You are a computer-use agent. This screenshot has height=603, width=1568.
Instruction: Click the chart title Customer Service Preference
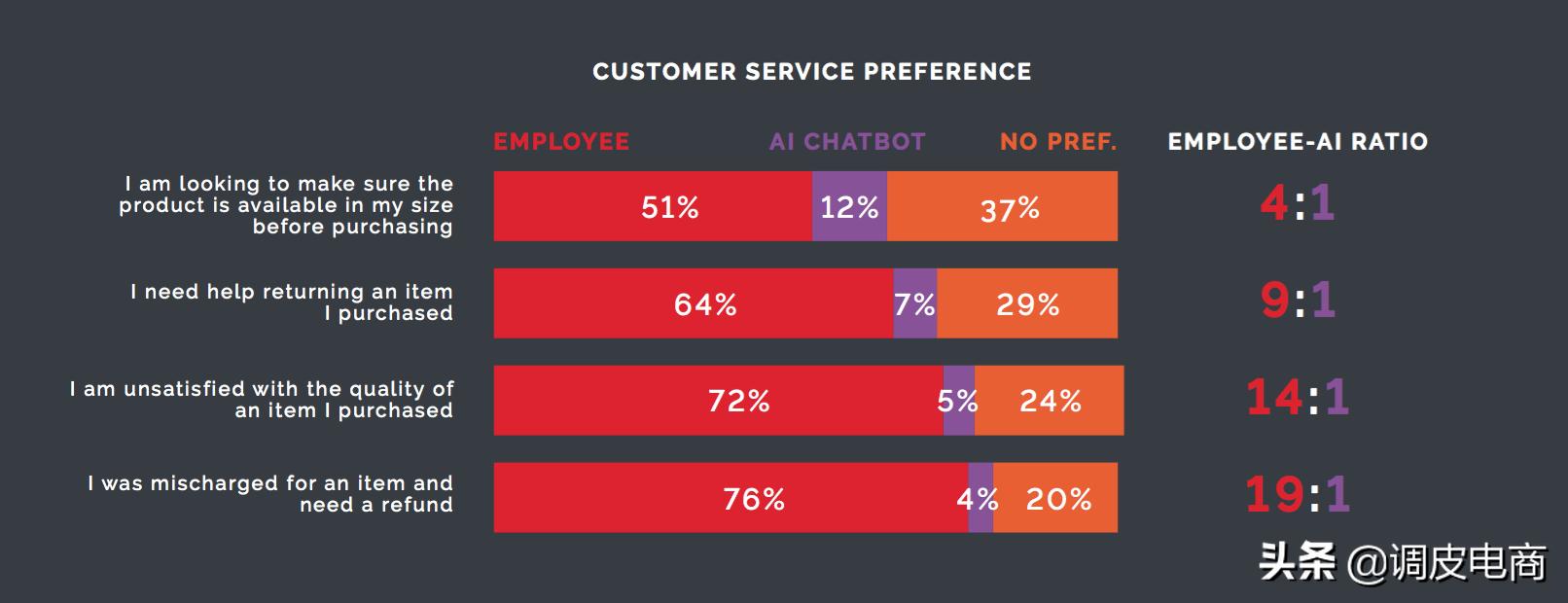(811, 72)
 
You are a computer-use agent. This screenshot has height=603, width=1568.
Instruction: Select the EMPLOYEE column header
(561, 142)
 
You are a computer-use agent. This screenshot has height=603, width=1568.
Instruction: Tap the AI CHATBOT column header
(847, 142)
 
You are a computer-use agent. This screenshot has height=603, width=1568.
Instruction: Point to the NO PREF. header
(1058, 142)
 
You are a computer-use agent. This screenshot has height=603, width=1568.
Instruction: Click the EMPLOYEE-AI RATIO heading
(1298, 142)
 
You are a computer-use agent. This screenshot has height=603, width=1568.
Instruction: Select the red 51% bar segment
(652, 206)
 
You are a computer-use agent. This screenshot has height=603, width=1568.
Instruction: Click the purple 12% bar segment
(849, 206)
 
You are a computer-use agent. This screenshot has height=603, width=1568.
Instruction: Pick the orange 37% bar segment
(1002, 206)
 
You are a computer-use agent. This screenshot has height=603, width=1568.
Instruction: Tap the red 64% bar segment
(693, 303)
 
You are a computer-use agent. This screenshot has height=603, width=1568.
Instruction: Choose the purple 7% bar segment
(914, 303)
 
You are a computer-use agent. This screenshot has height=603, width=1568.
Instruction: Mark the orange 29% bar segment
(1027, 303)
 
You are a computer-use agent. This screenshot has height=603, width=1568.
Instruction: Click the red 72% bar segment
(718, 401)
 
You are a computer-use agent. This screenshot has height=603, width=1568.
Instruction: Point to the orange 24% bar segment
(1050, 401)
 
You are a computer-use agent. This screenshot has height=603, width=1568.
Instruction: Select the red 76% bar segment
(731, 498)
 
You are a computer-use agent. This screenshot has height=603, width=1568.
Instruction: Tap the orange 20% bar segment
(1056, 498)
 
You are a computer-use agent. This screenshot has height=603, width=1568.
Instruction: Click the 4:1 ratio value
(1298, 202)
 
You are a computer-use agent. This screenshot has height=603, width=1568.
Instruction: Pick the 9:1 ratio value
(1298, 300)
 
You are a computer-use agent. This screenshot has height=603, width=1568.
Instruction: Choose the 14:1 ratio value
(1298, 397)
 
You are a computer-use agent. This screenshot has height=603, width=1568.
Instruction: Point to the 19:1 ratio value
(1298, 494)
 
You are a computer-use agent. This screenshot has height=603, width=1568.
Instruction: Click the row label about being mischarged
(270, 494)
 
